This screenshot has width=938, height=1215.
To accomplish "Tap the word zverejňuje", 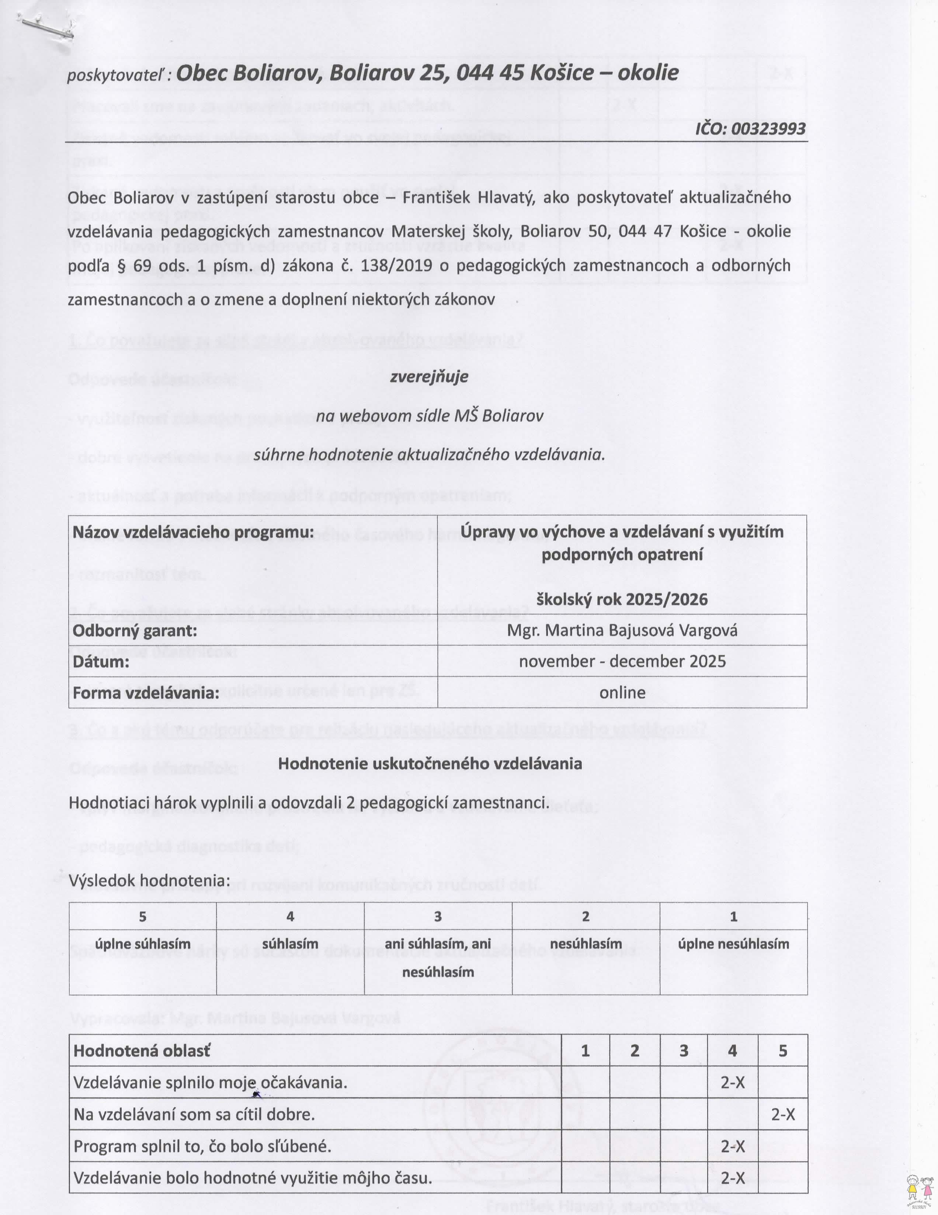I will coord(429,377).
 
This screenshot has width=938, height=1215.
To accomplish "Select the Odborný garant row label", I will coord(135,630).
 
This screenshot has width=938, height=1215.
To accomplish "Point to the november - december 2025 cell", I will coord(622,661).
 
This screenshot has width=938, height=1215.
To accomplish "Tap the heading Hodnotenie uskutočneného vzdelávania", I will coord(430,763).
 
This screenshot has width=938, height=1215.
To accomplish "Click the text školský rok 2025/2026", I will coord(622,599).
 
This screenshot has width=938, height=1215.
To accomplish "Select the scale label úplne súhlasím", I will coord(142,944).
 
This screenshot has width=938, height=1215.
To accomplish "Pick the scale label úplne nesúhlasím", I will coord(733,944).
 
